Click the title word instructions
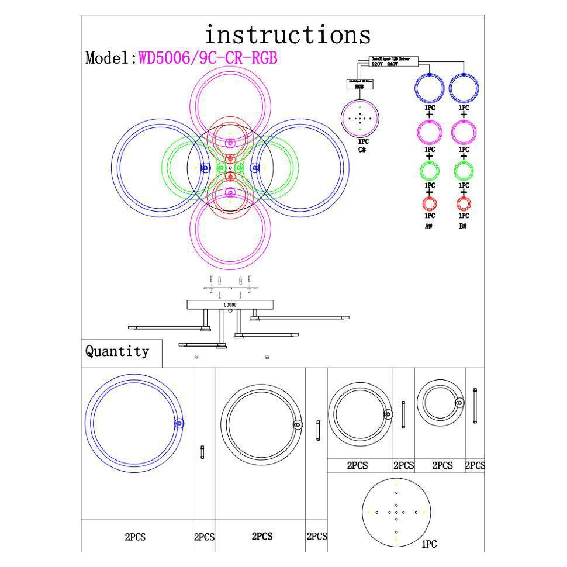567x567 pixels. (x=287, y=35)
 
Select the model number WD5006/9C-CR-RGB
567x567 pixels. (x=208, y=58)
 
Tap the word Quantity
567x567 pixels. (x=117, y=351)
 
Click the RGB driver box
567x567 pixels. (x=359, y=85)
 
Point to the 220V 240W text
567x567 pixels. (x=385, y=64)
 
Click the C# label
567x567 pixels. (x=362, y=150)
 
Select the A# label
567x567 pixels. (x=428, y=226)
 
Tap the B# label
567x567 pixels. (x=463, y=226)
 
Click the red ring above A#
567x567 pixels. (x=430, y=204)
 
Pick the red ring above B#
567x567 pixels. (x=464, y=204)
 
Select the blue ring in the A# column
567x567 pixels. (x=430, y=88)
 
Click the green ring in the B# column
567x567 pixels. (x=464, y=171)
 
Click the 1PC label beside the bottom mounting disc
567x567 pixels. (x=429, y=544)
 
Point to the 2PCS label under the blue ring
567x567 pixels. (x=135, y=537)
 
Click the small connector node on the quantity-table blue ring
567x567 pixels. (x=179, y=424)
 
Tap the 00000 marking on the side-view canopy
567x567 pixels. (x=230, y=305)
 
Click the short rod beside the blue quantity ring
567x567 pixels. (x=202, y=452)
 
